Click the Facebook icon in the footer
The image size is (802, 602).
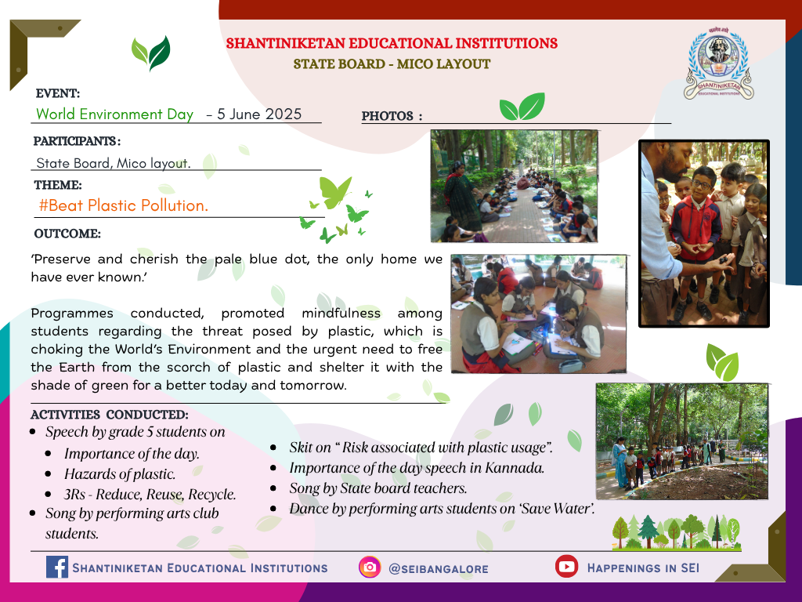pos(56,568)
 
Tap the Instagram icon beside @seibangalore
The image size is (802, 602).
pos(370,568)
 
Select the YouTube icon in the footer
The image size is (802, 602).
pos(567,566)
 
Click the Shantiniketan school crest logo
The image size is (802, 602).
pos(719,63)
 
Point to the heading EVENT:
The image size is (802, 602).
pos(58,94)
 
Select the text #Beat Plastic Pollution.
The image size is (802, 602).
pos(123,206)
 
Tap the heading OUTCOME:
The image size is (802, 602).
pos(67,234)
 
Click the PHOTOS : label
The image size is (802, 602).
pos(392,116)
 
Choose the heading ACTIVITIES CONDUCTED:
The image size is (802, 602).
pos(110,415)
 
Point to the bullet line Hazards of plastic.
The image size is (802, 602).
pos(120,474)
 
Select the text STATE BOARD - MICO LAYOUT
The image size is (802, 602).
pos(392,64)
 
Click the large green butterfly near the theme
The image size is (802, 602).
pos(335,192)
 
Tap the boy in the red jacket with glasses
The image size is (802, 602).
pos(696,225)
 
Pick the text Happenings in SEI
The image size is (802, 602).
pos(643,568)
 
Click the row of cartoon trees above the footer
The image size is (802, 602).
pos(677,532)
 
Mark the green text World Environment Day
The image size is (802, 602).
pos(114,114)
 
